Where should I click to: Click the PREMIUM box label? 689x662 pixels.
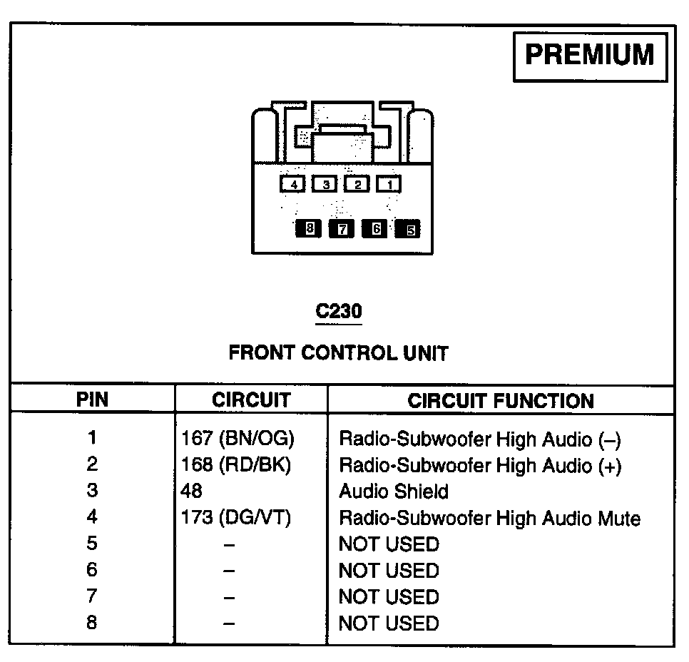coord(590,56)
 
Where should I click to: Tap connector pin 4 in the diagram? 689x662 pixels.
coord(292,184)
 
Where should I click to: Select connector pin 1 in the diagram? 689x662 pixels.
coord(389,184)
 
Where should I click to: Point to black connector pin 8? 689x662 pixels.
coord(308,229)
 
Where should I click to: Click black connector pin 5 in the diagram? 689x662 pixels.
coord(409,229)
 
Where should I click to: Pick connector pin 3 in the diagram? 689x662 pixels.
coord(325,184)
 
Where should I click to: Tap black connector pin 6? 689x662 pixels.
coord(375,229)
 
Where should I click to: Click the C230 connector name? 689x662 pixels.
coord(339,312)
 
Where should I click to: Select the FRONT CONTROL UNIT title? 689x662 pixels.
coord(338,353)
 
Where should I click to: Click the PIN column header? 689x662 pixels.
coord(92,400)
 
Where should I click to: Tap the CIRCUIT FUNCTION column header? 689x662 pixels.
coord(501,400)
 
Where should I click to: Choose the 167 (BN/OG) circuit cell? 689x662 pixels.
coord(238,439)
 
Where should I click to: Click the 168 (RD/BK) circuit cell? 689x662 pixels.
coord(237,465)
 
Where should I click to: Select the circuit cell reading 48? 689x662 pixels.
coord(192,492)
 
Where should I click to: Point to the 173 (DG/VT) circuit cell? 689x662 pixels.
coord(236,518)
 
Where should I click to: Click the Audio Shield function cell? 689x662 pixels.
coord(394,492)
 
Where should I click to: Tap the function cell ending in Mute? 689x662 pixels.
coord(489,518)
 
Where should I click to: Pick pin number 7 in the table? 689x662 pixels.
coord(92,596)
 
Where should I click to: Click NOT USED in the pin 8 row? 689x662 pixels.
coord(389,623)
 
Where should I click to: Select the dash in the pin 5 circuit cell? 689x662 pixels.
coord(228,544)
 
